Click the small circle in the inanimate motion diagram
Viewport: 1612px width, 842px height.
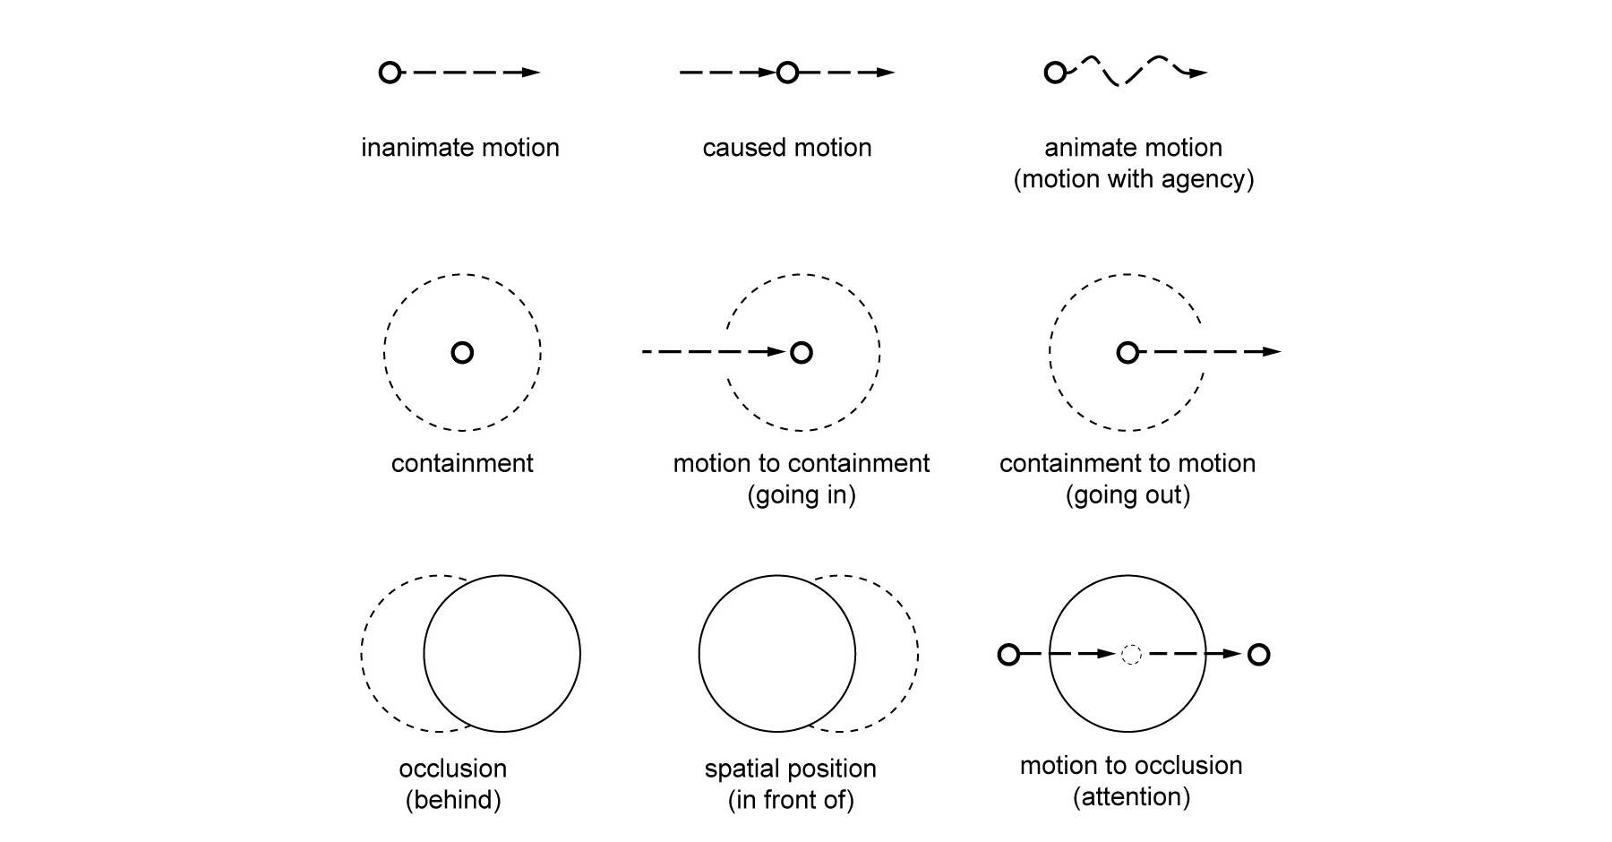point(390,73)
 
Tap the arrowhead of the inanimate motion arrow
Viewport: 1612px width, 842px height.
point(532,73)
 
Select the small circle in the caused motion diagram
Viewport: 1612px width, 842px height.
point(786,73)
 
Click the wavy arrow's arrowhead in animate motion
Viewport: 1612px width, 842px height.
point(1199,73)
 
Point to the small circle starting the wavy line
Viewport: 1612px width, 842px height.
point(1055,73)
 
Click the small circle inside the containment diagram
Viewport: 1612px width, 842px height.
point(462,352)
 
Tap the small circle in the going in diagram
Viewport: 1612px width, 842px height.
point(802,352)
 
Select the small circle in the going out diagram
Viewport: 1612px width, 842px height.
point(1128,352)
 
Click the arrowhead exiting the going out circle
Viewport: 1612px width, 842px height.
point(1273,352)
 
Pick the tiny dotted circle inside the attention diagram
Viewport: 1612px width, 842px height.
point(1131,655)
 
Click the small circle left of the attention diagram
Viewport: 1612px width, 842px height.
point(1008,655)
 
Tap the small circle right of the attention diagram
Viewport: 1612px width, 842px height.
point(1258,655)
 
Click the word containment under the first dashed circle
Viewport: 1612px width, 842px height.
point(462,463)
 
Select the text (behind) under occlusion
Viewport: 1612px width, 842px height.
point(453,800)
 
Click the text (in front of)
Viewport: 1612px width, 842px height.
point(791,800)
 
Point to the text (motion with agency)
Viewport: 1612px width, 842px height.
point(1133,179)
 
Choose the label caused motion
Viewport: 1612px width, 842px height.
point(786,147)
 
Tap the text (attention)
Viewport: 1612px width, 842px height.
point(1131,796)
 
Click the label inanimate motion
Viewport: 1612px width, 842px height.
point(460,147)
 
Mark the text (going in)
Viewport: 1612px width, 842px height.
point(802,494)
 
